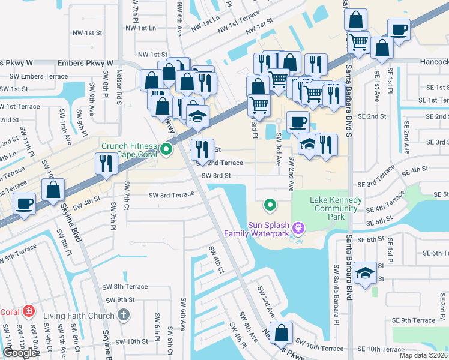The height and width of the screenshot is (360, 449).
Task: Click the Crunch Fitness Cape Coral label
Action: pyautogui.click(x=129, y=149)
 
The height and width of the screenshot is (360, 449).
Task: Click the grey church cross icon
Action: pyautogui.click(x=123, y=315)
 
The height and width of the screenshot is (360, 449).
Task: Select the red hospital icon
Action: pyautogui.click(x=28, y=311)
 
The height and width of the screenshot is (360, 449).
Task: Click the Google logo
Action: pyautogui.click(x=20, y=353)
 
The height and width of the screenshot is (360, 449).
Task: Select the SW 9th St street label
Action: pyautogui.click(x=118, y=299)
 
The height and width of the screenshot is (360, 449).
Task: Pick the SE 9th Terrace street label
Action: pyautogui.click(x=414, y=320)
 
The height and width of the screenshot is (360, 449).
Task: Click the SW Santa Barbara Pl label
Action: pyautogui.click(x=335, y=300)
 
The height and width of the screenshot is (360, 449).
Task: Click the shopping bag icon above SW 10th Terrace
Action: pyautogui.click(x=281, y=332)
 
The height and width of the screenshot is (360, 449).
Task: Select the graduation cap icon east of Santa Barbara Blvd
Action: pyautogui.click(x=364, y=273)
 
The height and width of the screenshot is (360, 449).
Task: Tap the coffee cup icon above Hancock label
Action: pyautogui.click(x=399, y=29)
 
